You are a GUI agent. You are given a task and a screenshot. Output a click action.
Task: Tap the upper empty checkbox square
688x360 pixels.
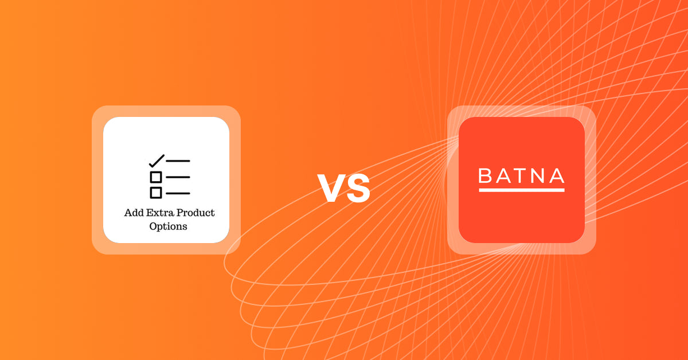(156, 177)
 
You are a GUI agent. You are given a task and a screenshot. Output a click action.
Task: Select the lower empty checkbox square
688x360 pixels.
(156, 193)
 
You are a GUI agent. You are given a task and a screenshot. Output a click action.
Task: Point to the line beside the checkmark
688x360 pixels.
(178, 161)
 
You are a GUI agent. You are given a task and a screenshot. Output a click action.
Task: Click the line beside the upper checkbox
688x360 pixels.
(178, 177)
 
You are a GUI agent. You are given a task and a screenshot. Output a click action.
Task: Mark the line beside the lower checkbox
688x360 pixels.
(178, 193)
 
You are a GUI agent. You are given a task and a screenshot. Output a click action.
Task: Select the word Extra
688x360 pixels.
(160, 213)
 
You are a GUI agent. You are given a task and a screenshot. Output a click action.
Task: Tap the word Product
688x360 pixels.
(196, 213)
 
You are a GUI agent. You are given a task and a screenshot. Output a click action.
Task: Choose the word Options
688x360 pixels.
(168, 226)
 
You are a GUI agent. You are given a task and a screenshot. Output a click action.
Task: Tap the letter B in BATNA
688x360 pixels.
(485, 175)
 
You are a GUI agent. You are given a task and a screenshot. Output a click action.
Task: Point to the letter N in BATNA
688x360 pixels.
(539, 175)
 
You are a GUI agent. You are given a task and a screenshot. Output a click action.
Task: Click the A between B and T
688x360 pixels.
(503, 175)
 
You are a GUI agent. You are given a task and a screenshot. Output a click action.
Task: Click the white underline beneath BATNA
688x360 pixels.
(521, 190)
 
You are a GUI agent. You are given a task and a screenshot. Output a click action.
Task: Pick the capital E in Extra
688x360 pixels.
(150, 213)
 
